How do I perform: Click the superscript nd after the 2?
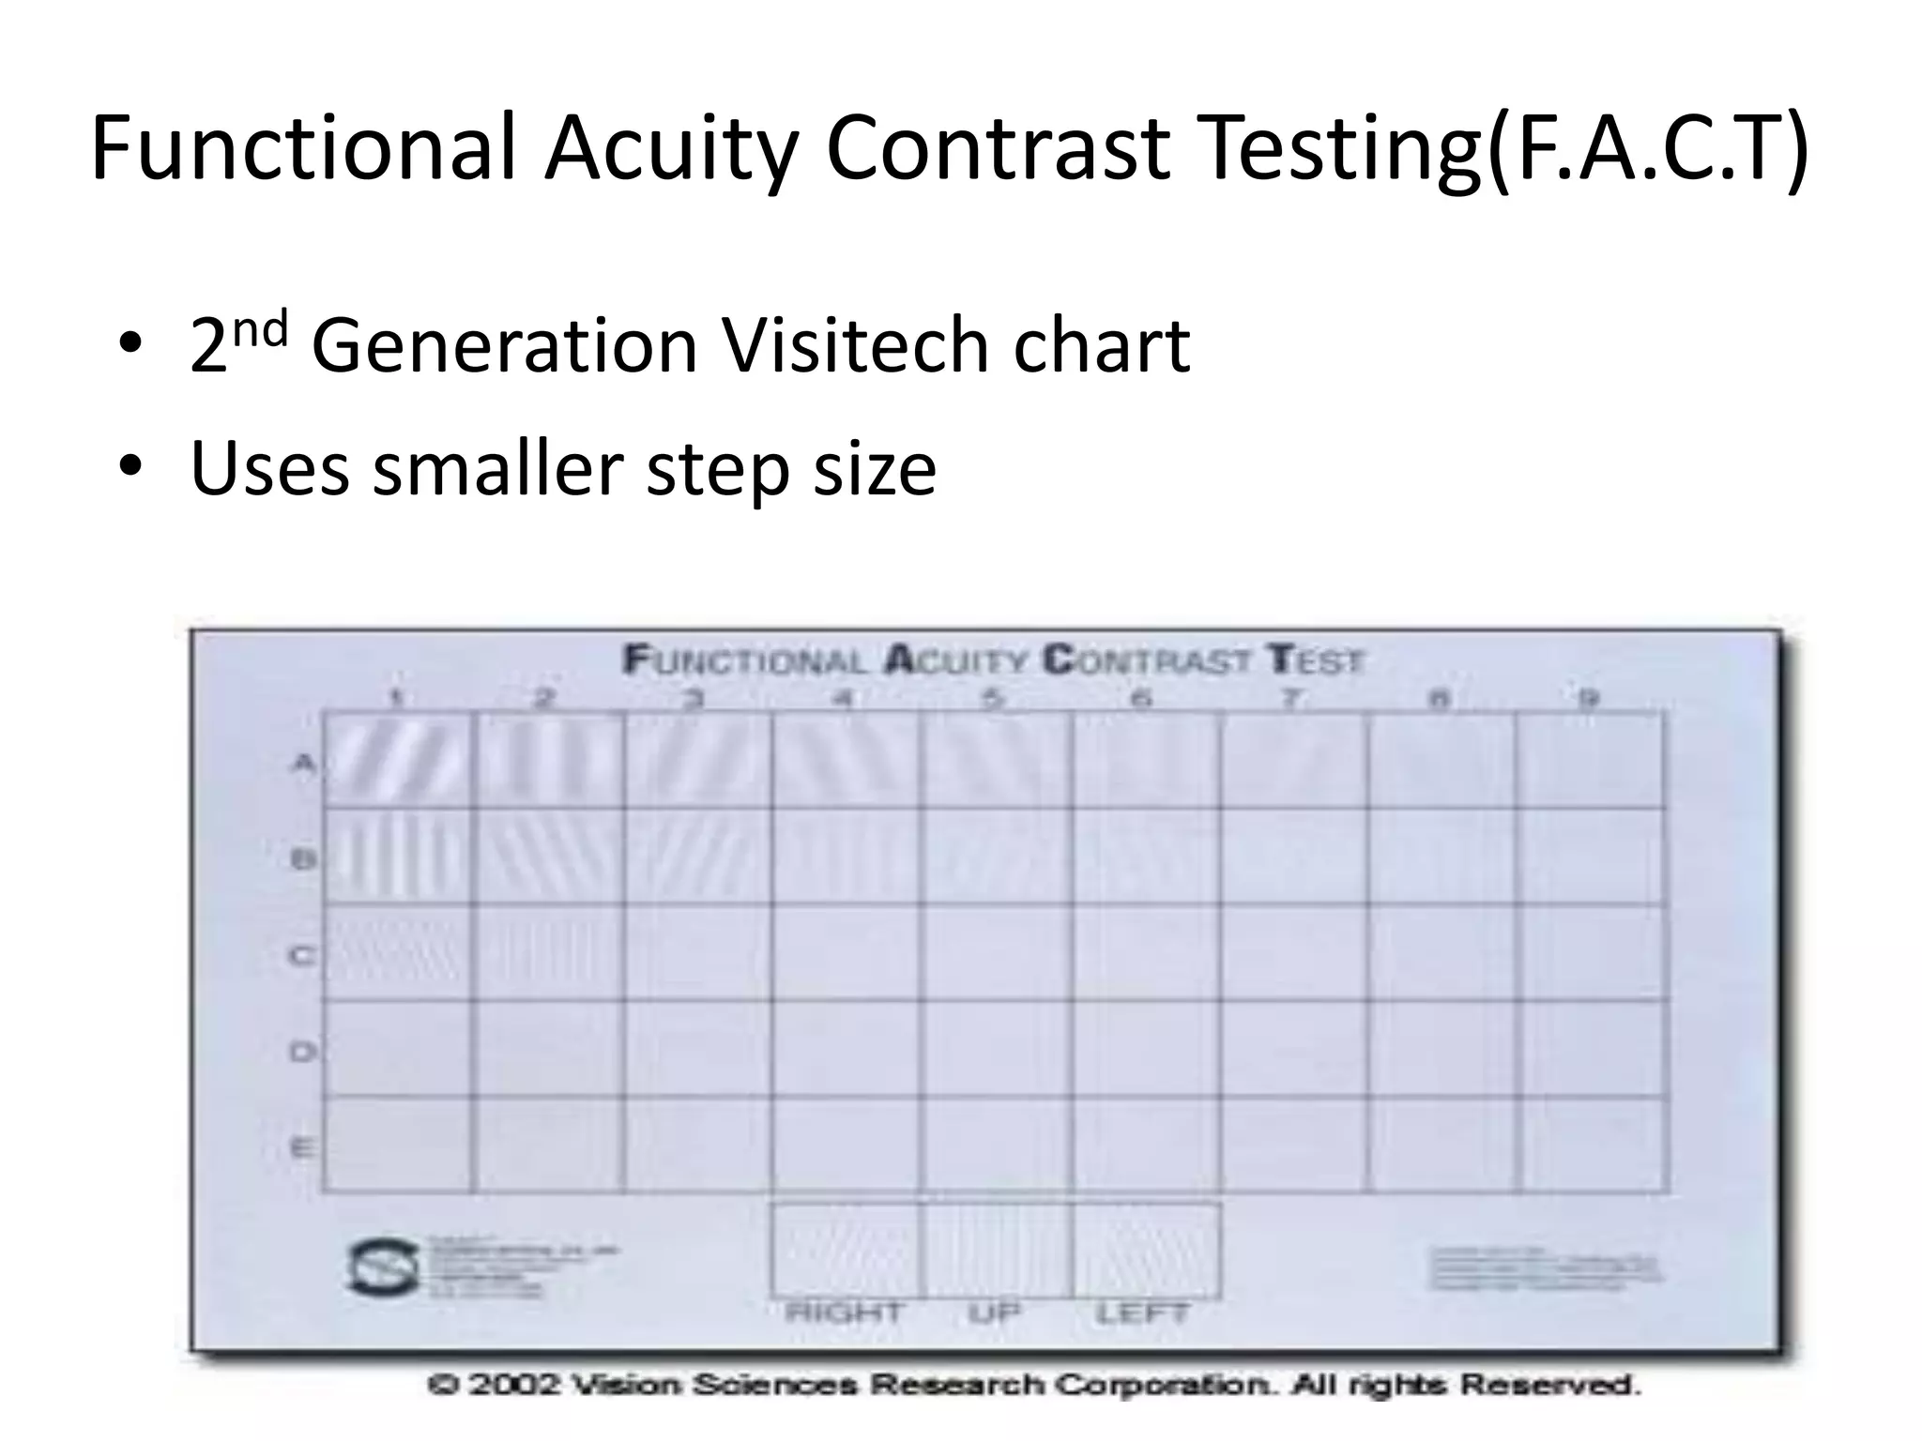click(x=262, y=330)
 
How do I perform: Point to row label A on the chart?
click(x=302, y=763)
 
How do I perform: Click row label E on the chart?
click(x=301, y=1147)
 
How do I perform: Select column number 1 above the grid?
click(x=397, y=698)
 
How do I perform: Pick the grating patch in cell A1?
click(x=397, y=761)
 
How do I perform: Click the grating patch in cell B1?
click(x=397, y=857)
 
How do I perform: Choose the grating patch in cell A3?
click(x=696, y=761)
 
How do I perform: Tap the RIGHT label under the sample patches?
click(x=844, y=1312)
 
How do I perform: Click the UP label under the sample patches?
click(x=994, y=1312)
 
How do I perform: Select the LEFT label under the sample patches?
click(x=1142, y=1312)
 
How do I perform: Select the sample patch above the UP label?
click(x=996, y=1251)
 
